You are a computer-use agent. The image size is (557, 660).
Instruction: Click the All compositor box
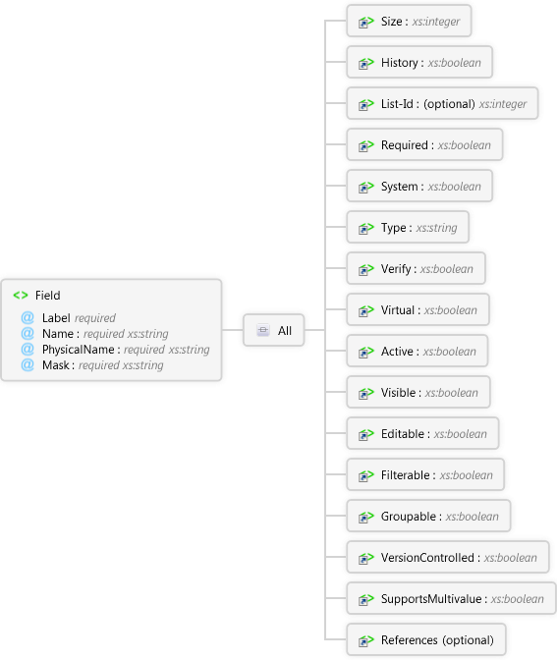click(x=274, y=330)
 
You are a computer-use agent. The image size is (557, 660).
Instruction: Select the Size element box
click(x=409, y=21)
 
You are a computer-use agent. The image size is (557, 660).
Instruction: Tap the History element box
click(x=419, y=62)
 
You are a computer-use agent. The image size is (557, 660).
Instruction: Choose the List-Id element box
click(x=442, y=103)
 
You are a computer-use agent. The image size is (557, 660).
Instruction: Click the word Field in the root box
click(x=47, y=296)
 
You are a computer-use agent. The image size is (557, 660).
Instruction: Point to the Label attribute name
click(x=56, y=318)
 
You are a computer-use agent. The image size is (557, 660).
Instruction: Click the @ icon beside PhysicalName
click(x=28, y=350)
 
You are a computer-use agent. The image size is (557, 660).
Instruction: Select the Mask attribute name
click(x=56, y=365)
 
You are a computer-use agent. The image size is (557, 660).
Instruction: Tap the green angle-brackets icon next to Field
click(x=21, y=296)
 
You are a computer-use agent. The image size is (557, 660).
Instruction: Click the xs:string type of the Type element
click(x=436, y=228)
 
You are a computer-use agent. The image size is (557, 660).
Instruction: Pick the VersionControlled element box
click(x=448, y=557)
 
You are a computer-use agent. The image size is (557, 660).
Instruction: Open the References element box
click(x=426, y=639)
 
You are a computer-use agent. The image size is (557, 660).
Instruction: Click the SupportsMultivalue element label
click(x=431, y=598)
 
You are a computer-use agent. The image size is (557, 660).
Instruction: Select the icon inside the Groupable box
click(x=365, y=517)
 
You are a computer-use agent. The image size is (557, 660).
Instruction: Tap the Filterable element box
click(x=425, y=474)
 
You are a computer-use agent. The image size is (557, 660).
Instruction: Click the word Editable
click(x=403, y=433)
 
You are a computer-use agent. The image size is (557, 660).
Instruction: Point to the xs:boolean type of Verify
click(x=446, y=269)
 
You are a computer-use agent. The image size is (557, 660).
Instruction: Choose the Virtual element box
click(x=418, y=309)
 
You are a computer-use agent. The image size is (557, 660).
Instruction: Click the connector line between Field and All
click(x=233, y=330)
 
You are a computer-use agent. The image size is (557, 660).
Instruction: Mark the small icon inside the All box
click(x=263, y=330)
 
